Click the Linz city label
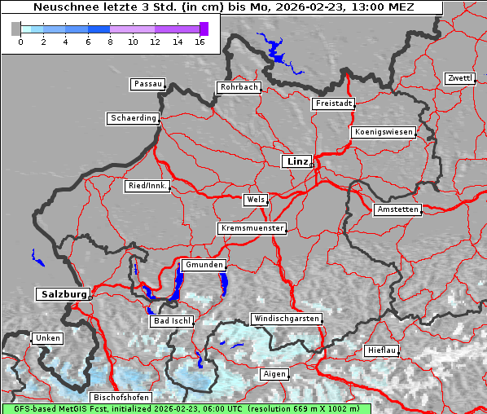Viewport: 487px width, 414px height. [296, 161]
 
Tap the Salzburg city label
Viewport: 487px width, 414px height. [63, 293]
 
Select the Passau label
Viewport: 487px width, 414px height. [147, 84]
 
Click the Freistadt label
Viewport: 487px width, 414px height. [333, 103]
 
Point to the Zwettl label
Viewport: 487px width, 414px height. [459, 78]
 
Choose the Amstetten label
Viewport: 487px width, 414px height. [397, 209]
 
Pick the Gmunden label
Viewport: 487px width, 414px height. [203, 266]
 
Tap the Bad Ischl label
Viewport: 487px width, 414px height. [172, 321]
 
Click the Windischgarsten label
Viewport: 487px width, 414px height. [286, 319]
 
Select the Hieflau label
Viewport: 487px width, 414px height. [382, 350]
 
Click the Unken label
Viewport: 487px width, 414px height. [47, 337]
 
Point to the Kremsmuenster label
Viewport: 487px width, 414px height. [252, 228]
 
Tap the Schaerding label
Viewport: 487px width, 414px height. [133, 118]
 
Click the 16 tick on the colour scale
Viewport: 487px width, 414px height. [200, 41]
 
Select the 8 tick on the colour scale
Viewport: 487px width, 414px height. [110, 41]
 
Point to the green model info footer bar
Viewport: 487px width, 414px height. [186, 408]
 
